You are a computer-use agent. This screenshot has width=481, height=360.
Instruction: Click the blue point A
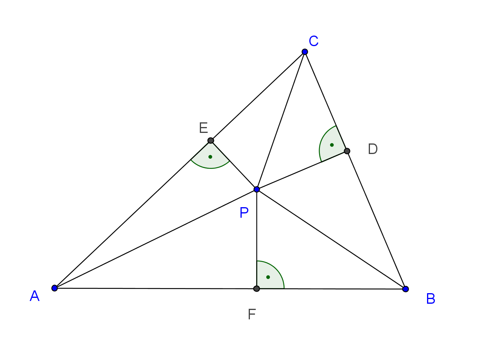click(x=55, y=288)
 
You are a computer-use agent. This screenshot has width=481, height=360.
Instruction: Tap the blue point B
click(x=406, y=289)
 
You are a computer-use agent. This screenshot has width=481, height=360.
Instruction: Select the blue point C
click(x=305, y=52)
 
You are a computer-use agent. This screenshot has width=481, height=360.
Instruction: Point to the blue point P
click(x=257, y=189)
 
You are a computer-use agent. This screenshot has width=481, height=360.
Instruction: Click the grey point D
click(x=347, y=151)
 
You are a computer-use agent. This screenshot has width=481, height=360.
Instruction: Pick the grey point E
click(x=211, y=140)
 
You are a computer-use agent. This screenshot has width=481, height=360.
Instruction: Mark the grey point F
click(x=257, y=288)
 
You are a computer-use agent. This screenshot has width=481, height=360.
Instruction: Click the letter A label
click(x=35, y=296)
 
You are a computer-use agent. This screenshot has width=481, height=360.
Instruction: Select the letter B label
click(x=431, y=299)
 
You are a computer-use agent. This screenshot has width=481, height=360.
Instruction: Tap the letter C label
click(x=314, y=41)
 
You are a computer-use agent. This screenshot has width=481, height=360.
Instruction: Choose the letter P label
click(x=244, y=213)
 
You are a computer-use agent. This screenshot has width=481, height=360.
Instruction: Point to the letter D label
click(x=373, y=149)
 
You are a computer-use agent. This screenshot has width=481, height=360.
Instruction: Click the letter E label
click(x=203, y=128)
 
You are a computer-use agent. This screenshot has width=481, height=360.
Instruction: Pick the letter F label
click(x=252, y=315)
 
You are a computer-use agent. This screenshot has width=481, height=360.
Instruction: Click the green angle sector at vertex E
click(x=210, y=158)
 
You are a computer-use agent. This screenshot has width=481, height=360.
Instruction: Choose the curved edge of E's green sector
click(x=210, y=168)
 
